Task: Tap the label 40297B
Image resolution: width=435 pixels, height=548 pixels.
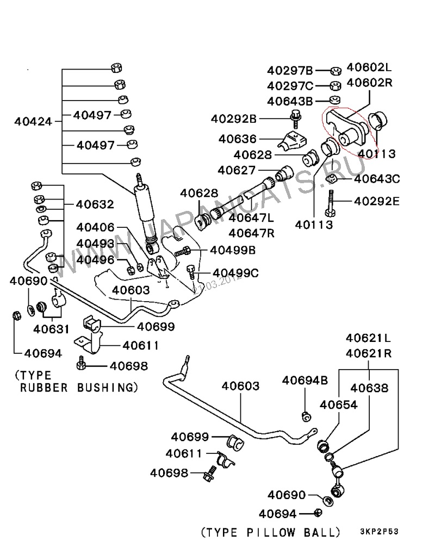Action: tap(290, 70)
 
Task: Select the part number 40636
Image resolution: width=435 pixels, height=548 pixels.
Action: tap(238, 139)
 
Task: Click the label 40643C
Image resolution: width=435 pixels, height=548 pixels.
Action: tap(377, 178)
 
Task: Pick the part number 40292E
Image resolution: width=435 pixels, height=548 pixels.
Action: tap(377, 201)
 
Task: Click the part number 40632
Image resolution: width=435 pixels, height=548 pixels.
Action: tap(95, 204)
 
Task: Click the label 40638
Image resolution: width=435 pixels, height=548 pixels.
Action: tap(369, 388)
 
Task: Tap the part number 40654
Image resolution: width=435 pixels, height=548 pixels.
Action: tap(338, 404)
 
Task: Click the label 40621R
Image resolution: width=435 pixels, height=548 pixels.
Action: tap(369, 353)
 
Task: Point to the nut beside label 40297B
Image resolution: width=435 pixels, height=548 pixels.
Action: tap(335, 71)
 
